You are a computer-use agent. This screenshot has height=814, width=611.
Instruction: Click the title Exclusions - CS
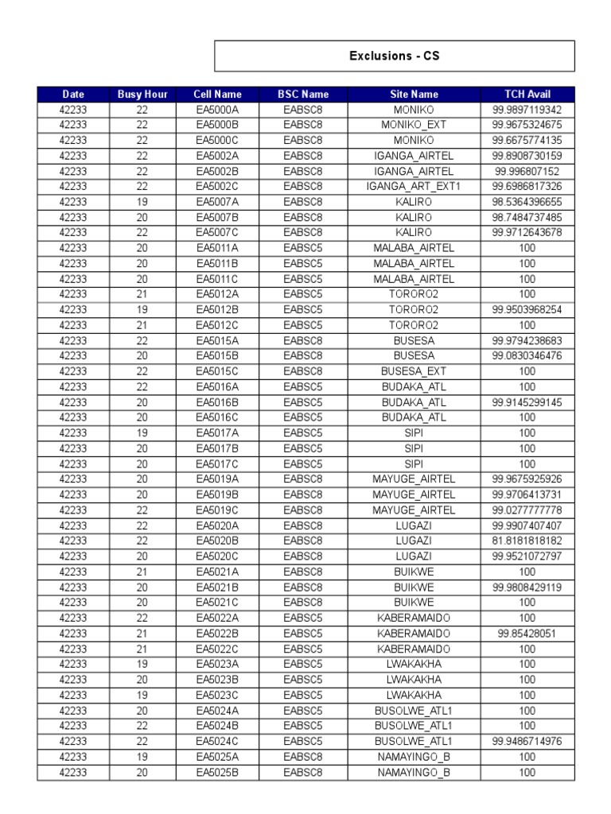click(394, 56)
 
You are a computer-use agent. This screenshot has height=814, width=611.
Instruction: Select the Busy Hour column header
click(142, 95)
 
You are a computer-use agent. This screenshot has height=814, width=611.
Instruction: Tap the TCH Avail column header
click(527, 95)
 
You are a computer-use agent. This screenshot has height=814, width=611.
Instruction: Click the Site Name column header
click(414, 95)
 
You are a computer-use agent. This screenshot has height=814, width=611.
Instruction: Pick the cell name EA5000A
click(217, 110)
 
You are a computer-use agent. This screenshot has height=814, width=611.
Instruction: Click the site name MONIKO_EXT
click(414, 125)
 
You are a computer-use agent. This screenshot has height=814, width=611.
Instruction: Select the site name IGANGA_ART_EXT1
click(414, 187)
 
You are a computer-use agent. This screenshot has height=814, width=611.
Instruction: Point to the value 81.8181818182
click(527, 541)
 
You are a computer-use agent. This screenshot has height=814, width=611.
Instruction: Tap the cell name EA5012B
click(217, 309)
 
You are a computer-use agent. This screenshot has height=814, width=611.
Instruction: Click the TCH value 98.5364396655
click(527, 202)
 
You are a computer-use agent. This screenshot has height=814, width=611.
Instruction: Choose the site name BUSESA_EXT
click(414, 371)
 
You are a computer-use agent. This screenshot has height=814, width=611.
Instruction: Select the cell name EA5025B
click(217, 772)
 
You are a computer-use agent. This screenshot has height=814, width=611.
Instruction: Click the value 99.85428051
click(527, 633)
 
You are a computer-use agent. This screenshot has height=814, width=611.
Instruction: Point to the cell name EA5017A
click(217, 433)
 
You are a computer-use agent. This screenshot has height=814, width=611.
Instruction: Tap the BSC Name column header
click(303, 95)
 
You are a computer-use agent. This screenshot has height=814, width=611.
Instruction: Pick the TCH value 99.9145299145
click(527, 402)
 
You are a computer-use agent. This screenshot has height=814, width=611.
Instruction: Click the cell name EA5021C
click(217, 603)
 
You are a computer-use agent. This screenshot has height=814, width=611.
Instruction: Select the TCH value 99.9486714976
click(527, 741)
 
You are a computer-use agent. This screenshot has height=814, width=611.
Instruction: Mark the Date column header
click(73, 95)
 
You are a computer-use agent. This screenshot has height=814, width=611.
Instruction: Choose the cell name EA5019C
click(217, 510)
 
